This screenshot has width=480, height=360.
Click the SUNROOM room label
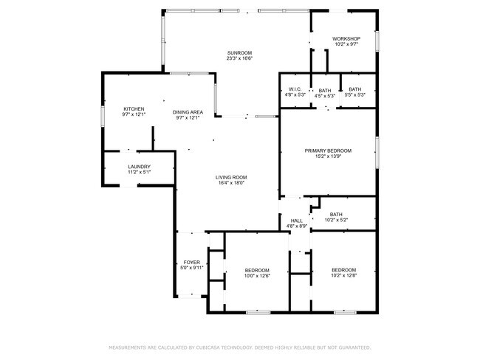[239, 52]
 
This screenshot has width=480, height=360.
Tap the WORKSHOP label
[346, 38]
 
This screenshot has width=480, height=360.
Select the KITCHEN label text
[134, 109]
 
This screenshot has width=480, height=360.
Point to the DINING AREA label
[188, 112]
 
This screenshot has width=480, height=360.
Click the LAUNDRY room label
[140, 167]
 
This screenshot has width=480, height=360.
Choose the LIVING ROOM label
[231, 177]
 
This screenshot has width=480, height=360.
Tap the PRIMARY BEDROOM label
[328, 150]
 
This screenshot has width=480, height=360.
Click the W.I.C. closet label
[295, 89]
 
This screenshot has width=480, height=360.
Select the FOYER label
[192, 262]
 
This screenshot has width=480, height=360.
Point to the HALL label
[296, 221]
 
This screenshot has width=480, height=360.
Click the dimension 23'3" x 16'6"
[239, 58]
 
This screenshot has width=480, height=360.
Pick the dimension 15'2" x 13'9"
[328, 156]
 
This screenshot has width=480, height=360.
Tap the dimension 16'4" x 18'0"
[231, 183]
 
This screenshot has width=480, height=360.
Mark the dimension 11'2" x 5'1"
[140, 172]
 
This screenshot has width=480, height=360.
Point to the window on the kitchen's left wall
[103, 117]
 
